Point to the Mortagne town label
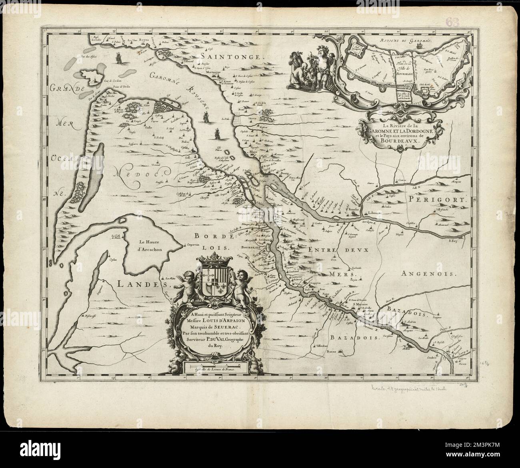point(213,72)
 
